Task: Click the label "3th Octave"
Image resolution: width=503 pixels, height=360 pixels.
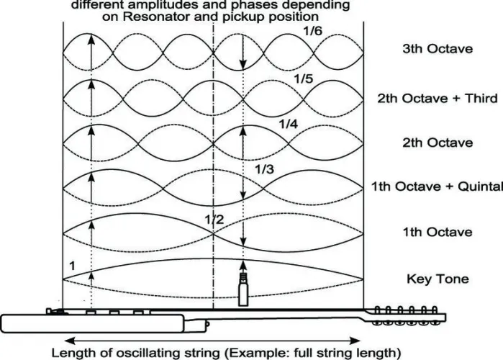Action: (438, 49)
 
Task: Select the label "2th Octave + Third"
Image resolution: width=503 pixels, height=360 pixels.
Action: (438, 98)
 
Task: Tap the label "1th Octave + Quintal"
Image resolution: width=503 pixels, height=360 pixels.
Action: (437, 186)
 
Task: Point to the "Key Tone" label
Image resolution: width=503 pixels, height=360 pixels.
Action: (438, 279)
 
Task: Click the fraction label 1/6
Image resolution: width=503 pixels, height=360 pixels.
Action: (312, 31)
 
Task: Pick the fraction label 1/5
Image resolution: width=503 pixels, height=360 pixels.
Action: (304, 78)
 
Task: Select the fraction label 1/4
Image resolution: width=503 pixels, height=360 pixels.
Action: (288, 124)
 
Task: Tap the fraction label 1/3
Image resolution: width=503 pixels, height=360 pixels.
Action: (264, 169)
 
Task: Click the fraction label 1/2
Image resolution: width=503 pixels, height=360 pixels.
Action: (214, 220)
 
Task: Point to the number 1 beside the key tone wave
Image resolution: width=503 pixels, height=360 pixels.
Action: (73, 266)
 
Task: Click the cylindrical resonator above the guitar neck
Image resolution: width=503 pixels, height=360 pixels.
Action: (243, 289)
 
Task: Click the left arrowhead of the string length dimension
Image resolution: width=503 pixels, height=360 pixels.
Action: (69, 341)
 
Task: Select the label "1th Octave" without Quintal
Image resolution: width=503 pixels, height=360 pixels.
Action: (438, 232)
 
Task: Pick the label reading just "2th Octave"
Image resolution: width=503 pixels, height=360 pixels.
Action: (438, 143)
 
